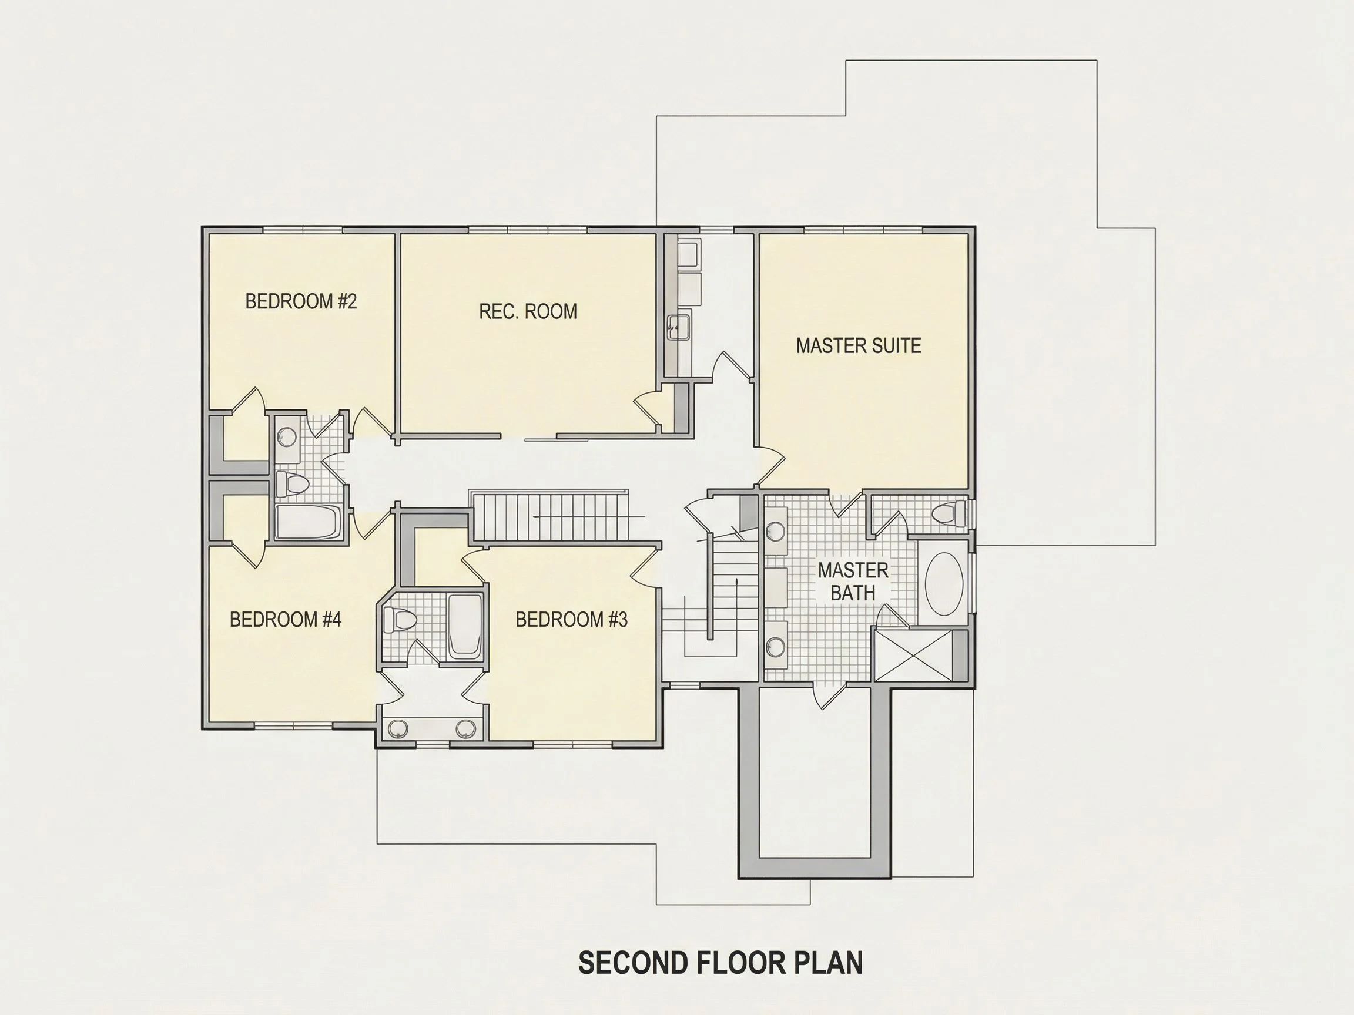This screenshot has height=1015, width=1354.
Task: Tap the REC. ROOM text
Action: (x=528, y=311)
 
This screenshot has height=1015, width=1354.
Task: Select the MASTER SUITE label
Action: (x=858, y=345)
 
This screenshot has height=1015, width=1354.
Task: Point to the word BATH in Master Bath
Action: (x=853, y=593)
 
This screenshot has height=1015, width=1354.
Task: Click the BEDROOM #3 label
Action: (x=571, y=620)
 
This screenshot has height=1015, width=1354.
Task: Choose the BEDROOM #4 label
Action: (x=285, y=620)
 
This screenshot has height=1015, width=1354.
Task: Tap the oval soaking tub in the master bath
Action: (x=943, y=584)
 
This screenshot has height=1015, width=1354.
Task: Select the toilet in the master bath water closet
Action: (x=949, y=513)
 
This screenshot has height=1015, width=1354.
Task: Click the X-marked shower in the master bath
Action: (x=914, y=655)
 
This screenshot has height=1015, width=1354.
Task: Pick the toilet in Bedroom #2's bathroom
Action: (x=292, y=483)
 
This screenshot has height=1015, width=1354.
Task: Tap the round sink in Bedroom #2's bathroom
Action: (x=287, y=437)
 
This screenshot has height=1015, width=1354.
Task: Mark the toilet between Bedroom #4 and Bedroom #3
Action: (x=400, y=620)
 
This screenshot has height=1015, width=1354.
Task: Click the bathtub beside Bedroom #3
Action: (x=465, y=626)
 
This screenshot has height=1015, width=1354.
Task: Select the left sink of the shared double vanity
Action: (x=398, y=728)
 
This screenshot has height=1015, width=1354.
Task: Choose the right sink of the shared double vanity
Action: (x=466, y=728)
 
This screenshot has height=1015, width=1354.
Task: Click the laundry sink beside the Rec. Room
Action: (x=678, y=327)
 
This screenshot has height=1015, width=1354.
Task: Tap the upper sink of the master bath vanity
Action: (x=777, y=531)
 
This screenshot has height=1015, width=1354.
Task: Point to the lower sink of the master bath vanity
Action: (x=777, y=646)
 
